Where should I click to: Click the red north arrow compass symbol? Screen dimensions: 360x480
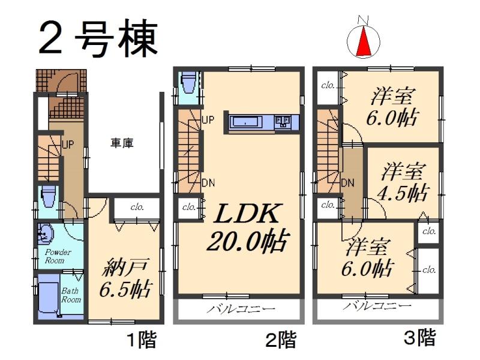pyautogui.click(x=364, y=41)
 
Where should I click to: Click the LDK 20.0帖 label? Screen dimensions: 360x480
pyautogui.click(x=245, y=227)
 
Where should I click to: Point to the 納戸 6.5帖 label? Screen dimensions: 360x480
pyautogui.click(x=126, y=276)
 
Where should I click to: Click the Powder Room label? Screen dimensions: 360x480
pyautogui.click(x=58, y=256)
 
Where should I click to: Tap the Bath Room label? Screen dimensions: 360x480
pyautogui.click(x=71, y=295)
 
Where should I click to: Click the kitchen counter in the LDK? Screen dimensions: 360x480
pyautogui.click(x=261, y=122)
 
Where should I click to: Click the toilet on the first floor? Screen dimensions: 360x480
pyautogui.click(x=47, y=197)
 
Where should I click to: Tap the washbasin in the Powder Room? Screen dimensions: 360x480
pyautogui.click(x=46, y=232)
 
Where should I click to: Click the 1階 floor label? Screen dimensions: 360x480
pyautogui.click(x=141, y=341)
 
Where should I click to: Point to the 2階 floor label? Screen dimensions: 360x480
pyautogui.click(x=280, y=341)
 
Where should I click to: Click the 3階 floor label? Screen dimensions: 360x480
pyautogui.click(x=419, y=338)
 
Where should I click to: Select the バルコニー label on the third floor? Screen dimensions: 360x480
pyautogui.click(x=377, y=306)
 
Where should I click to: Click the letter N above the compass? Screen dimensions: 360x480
pyautogui.click(x=363, y=20)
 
